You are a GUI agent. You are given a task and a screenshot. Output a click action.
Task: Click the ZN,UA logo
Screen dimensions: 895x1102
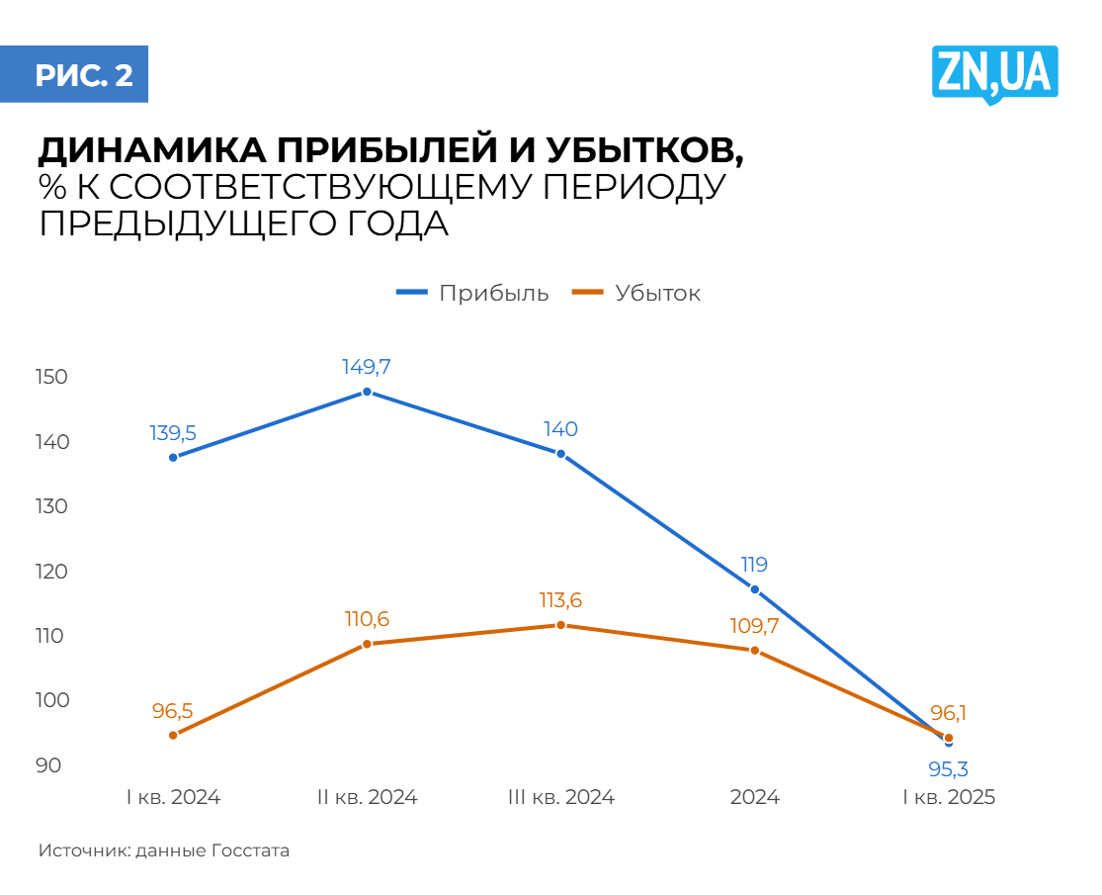coord(994,74)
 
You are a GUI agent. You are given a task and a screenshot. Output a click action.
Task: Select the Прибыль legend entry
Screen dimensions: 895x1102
coord(472,294)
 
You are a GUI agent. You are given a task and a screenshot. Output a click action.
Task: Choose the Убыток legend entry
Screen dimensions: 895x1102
coord(637,294)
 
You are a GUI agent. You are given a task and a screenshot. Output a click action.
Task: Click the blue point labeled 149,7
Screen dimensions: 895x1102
coord(367,392)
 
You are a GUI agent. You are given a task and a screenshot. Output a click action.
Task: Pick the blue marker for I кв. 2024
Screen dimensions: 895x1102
coord(173,457)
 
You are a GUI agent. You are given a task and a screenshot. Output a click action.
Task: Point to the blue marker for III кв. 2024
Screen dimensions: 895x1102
coord(560,454)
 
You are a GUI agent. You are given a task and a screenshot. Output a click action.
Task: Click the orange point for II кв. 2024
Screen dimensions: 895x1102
coord(367,644)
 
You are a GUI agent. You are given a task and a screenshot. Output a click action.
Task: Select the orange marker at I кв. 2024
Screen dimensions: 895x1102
coord(173,735)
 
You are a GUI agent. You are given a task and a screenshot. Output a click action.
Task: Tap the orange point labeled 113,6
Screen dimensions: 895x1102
coord(560,625)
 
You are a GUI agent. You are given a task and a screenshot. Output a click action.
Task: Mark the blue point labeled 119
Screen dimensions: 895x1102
coord(755,589)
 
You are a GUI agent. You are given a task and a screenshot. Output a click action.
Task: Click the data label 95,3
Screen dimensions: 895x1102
coord(949,768)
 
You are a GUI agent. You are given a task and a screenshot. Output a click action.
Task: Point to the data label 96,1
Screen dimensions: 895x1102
coord(949,712)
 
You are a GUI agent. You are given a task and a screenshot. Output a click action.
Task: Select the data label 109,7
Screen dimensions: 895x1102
coord(755,625)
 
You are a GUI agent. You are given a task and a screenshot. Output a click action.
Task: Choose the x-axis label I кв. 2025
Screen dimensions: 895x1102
coord(949,798)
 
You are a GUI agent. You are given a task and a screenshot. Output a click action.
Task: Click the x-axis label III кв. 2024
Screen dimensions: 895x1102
coord(560,798)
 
